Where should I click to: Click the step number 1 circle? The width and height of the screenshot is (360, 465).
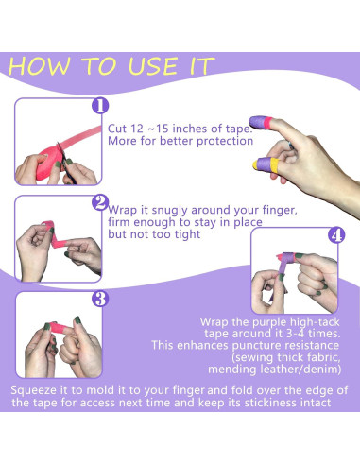point(100,106)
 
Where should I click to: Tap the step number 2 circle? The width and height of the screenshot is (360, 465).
point(100,202)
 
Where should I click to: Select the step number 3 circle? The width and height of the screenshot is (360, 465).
point(100,299)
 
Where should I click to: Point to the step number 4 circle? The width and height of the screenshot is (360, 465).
point(336,235)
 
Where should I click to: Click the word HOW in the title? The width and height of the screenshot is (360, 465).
point(39,66)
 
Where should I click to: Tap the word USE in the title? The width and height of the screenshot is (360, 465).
point(153,66)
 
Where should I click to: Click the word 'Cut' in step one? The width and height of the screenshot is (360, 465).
point(117,129)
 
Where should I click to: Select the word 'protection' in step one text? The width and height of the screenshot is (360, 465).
point(225,141)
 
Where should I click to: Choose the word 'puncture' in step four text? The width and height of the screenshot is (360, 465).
point(256,346)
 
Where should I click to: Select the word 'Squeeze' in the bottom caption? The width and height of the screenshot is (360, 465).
point(35,390)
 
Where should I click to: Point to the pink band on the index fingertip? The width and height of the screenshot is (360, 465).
point(266,123)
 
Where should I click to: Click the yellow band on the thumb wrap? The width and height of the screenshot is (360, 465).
point(274,164)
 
